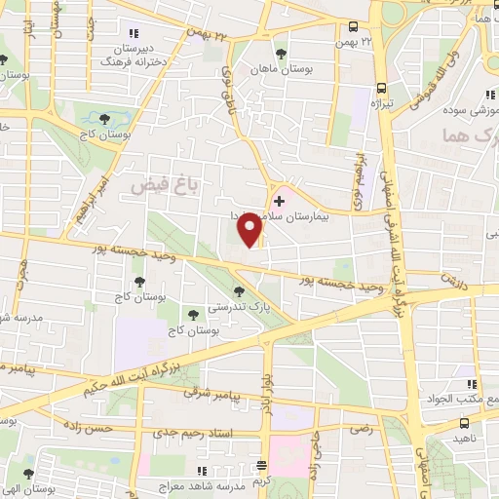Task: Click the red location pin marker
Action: pos(250,229)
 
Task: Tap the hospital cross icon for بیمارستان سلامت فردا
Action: pos(280,200)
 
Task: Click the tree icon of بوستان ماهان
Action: pos(283,54)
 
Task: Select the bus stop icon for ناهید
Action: pos(465,424)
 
